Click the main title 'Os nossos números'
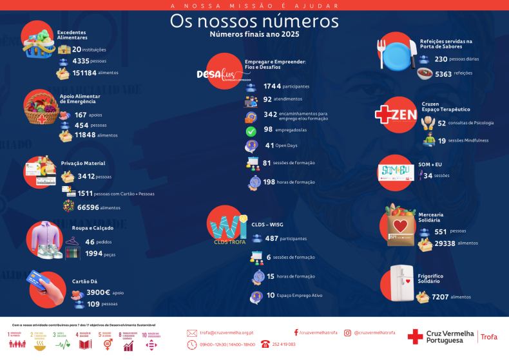[x=254, y=21]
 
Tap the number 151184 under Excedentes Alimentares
[x=84, y=73]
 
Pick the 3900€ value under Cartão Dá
[x=99, y=292]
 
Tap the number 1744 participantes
[x=273, y=86]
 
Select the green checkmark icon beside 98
[x=251, y=131]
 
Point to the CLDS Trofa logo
[x=226, y=227]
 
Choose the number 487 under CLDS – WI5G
[x=272, y=238]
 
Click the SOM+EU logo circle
[x=396, y=172]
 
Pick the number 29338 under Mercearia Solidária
[x=445, y=243]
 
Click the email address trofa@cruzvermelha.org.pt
[x=226, y=333]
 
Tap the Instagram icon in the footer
[x=347, y=333]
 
